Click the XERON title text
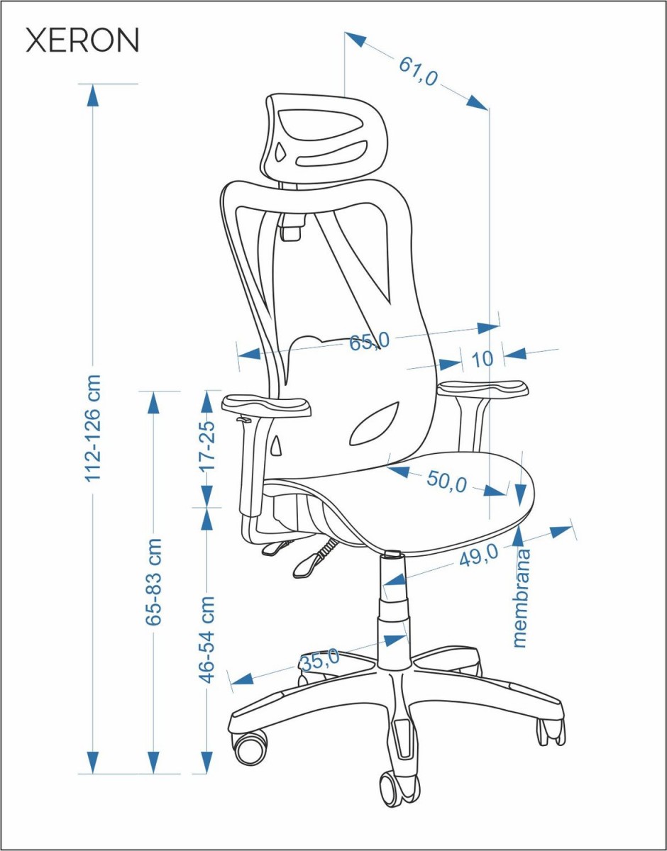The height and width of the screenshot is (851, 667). [x=82, y=40]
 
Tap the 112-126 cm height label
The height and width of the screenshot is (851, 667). [x=93, y=428]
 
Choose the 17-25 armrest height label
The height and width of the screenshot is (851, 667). [x=208, y=446]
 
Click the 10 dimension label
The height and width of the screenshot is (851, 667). [x=482, y=359]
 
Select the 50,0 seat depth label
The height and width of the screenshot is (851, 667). [x=446, y=482]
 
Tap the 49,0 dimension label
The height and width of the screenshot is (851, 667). [x=479, y=557]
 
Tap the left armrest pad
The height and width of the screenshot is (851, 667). [x=266, y=406]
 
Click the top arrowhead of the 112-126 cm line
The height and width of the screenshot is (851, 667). [x=93, y=95]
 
